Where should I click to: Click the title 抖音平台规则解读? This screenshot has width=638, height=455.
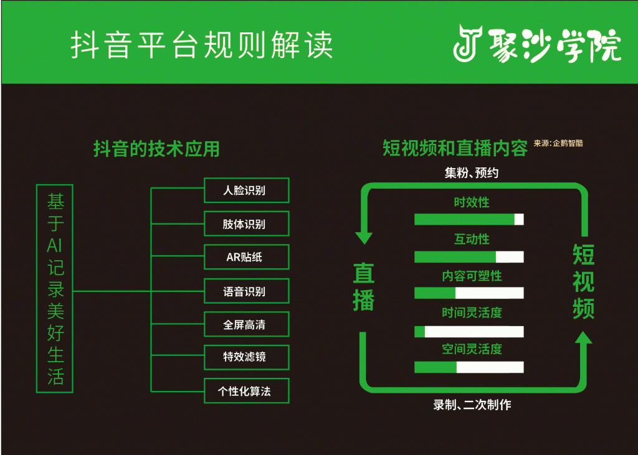(201, 45)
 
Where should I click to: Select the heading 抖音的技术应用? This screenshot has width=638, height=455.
(156, 149)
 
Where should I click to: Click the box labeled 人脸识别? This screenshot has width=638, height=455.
(247, 190)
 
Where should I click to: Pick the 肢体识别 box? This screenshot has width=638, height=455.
(247, 224)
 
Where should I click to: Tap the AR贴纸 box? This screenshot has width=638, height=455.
(247, 257)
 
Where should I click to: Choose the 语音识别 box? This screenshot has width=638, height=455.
(247, 291)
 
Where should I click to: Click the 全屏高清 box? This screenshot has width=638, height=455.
(247, 325)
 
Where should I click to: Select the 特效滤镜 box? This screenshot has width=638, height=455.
(247, 358)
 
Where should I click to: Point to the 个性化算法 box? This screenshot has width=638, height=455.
(247, 392)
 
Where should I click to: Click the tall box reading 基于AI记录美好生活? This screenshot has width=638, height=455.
(55, 288)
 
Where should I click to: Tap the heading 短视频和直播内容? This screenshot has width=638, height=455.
(455, 149)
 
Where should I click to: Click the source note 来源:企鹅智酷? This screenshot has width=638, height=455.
(558, 143)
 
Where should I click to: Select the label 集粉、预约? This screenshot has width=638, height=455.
(472, 173)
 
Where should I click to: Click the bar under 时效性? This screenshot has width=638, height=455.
(469, 219)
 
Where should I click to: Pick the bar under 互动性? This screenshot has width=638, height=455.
(469, 257)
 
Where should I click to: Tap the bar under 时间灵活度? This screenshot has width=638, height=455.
(469, 331)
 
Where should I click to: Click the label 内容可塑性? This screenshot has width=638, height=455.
(472, 276)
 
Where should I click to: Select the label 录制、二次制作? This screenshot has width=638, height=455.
(472, 405)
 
